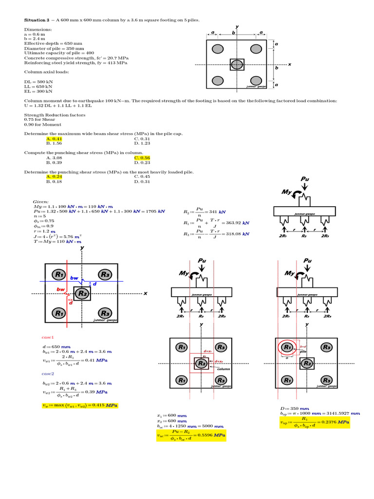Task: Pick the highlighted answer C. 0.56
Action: tap(142, 158)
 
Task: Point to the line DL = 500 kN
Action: tap(38, 82)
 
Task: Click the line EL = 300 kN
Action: tap(38, 91)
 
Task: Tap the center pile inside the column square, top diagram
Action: tap(237, 64)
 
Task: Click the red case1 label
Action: tap(48, 337)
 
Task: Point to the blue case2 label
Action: tap(48, 373)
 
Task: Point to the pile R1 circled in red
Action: tap(287, 347)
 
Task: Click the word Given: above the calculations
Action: tap(40, 201)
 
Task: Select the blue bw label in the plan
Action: tap(74, 278)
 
